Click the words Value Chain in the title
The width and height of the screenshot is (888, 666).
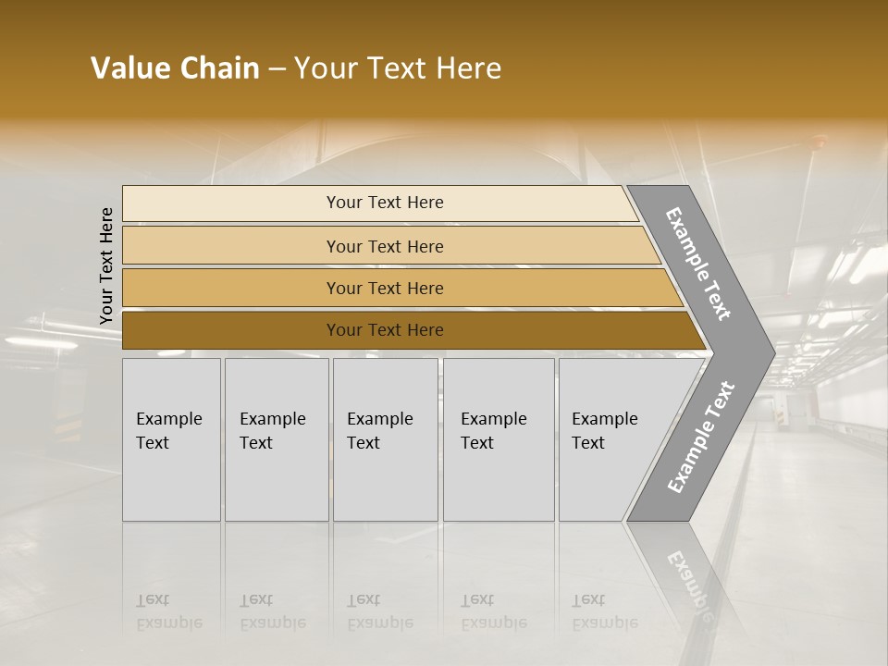(175, 68)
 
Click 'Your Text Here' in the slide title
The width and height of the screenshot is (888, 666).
(398, 68)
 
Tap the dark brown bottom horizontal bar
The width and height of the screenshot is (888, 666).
(231, 330)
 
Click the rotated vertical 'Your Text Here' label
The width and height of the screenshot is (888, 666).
(106, 266)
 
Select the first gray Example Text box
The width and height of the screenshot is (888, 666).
(171, 439)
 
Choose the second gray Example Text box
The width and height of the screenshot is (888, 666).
(277, 439)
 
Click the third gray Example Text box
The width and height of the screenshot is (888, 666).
(385, 439)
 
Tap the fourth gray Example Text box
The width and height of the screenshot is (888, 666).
(499, 439)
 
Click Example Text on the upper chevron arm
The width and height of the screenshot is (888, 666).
(698, 264)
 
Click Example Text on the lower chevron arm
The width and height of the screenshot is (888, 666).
(700, 438)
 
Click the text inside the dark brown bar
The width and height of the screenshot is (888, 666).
(385, 330)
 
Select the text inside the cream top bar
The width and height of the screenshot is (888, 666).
(385, 203)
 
